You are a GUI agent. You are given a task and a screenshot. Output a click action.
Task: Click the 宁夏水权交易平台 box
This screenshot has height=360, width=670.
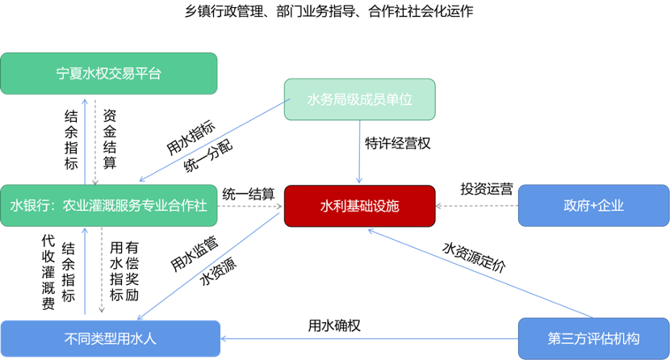click(109, 73)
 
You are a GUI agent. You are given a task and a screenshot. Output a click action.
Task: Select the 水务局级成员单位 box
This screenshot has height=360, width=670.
click(359, 99)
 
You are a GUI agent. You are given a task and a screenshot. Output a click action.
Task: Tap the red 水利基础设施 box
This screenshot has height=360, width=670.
click(359, 206)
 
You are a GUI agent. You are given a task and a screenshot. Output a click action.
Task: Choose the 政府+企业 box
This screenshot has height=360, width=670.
click(593, 206)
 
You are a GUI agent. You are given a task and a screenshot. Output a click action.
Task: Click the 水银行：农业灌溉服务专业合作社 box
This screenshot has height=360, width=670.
click(109, 206)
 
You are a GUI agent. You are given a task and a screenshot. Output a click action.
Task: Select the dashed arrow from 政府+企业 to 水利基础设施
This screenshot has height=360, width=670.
click(476, 206)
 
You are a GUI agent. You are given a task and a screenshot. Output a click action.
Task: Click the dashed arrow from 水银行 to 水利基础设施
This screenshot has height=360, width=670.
click(250, 206)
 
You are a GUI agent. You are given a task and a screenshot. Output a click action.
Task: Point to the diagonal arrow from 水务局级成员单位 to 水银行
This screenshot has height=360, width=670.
click(214, 140)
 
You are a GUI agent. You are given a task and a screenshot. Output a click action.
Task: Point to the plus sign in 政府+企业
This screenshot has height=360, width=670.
click(593, 206)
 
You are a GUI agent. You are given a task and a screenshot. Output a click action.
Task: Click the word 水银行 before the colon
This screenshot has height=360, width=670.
click(24, 206)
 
